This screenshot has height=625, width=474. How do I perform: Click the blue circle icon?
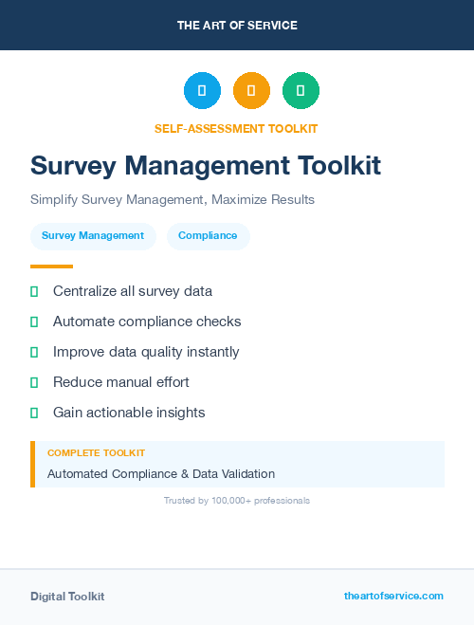(202, 91)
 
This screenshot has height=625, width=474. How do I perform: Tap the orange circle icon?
(251, 91)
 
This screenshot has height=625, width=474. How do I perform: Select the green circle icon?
(301, 91)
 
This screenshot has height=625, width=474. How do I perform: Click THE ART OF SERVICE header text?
(237, 26)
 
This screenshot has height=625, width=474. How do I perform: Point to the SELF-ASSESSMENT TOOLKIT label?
(236, 128)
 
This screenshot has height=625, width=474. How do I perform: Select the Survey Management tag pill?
(93, 236)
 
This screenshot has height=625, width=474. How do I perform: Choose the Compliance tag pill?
(208, 236)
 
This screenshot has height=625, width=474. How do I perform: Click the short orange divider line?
(51, 267)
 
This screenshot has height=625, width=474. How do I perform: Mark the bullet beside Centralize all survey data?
(34, 291)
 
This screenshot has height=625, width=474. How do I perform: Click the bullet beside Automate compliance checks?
(34, 322)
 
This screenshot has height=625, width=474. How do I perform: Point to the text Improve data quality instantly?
(146, 352)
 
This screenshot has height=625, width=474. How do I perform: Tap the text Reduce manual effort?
(121, 382)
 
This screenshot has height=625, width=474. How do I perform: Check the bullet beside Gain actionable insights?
(34, 413)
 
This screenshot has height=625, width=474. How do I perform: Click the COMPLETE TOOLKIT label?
(96, 453)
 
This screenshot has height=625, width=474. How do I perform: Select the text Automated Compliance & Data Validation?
(161, 473)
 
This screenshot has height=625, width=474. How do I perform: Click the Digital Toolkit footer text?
(67, 597)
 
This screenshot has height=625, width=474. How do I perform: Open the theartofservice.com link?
(393, 596)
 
